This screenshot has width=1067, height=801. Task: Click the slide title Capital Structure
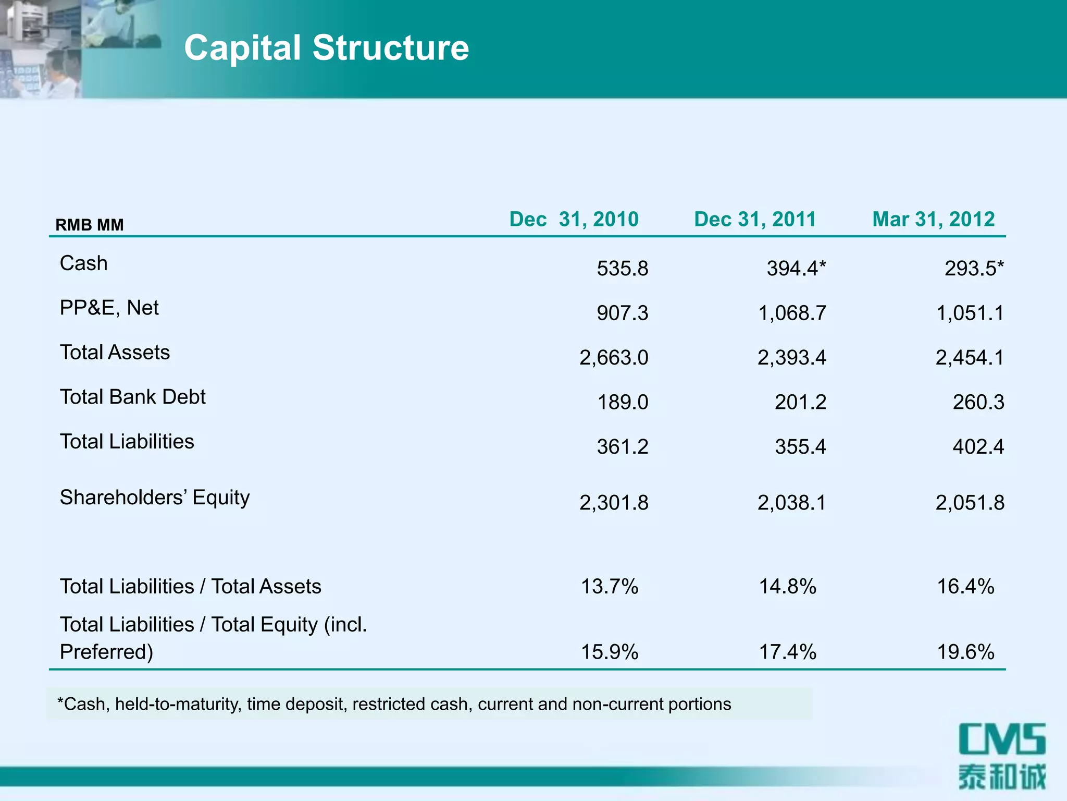tap(327, 48)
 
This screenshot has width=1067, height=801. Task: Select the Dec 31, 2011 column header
tap(755, 219)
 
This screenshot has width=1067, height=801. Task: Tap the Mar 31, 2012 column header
tap(934, 219)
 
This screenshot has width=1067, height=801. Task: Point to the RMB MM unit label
tap(90, 225)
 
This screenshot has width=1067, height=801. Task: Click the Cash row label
tap(84, 263)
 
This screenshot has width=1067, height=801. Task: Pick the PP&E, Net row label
tap(109, 308)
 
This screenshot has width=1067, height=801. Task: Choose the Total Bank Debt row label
tap(133, 397)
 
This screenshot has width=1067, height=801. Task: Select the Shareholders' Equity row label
tap(155, 497)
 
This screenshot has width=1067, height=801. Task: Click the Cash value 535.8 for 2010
tap(622, 269)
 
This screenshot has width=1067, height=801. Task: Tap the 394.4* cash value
tap(796, 269)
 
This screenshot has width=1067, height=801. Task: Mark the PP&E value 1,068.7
tap(792, 313)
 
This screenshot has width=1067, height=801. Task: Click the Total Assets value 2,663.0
tap(614, 358)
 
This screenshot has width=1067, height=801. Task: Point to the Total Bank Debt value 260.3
tap(978, 402)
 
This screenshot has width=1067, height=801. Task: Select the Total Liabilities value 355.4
tap(800, 447)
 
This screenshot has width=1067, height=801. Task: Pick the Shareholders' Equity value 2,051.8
tap(970, 503)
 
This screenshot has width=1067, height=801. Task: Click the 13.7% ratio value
tap(610, 587)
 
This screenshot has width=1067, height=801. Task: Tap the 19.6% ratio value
tap(965, 652)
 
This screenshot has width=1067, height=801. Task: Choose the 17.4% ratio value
tap(787, 652)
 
